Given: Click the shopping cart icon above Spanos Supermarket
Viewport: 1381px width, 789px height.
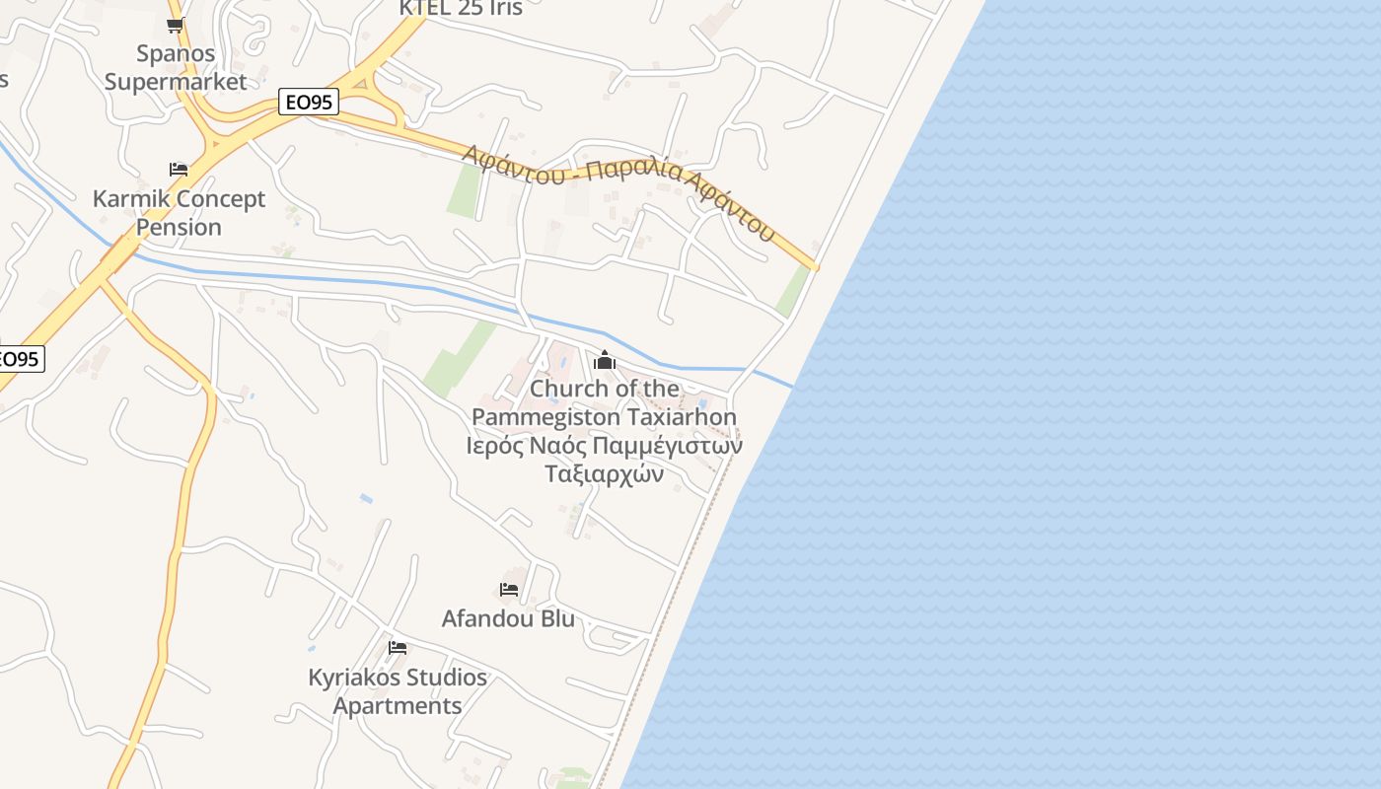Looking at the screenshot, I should [176, 26].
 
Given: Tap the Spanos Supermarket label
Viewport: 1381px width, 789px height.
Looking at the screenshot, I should [176, 67].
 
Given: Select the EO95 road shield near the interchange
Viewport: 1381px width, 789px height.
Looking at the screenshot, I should [309, 102].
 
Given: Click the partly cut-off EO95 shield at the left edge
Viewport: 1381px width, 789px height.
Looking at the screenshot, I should [20, 358].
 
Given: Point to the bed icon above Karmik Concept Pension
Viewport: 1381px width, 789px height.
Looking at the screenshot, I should [179, 170].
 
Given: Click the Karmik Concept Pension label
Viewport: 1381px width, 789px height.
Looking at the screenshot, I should [179, 212].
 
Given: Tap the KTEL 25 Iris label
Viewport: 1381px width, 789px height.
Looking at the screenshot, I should [460, 8].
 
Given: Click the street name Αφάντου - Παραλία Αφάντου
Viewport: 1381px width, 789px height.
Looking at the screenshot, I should [619, 192].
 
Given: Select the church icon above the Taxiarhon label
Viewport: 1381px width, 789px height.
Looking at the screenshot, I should [606, 360].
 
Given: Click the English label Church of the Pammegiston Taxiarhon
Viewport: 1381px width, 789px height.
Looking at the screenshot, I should [605, 402].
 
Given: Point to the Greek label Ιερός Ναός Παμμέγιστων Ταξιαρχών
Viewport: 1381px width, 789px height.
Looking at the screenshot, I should [605, 460].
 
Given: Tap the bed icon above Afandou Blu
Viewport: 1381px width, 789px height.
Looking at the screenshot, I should [509, 590].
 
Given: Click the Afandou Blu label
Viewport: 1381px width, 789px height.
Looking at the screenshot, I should [508, 618].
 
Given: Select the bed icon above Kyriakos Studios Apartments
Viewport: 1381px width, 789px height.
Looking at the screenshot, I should [398, 648].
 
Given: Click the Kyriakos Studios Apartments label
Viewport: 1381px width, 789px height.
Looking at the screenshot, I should [398, 691].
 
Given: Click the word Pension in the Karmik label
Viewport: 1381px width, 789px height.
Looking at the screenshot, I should [179, 227].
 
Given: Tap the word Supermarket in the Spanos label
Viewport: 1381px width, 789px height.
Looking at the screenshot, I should [176, 81].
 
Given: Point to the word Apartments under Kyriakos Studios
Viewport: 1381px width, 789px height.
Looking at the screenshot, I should [398, 706].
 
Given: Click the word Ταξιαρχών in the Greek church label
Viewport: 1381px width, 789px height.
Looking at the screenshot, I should [605, 474].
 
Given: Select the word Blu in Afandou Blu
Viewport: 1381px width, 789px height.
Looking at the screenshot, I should [556, 618].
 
